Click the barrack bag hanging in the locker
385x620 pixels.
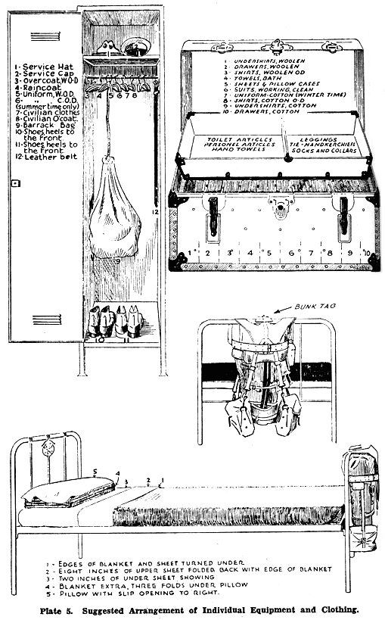point(115,220)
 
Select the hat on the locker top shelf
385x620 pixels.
point(135,46)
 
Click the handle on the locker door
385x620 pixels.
point(14,183)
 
